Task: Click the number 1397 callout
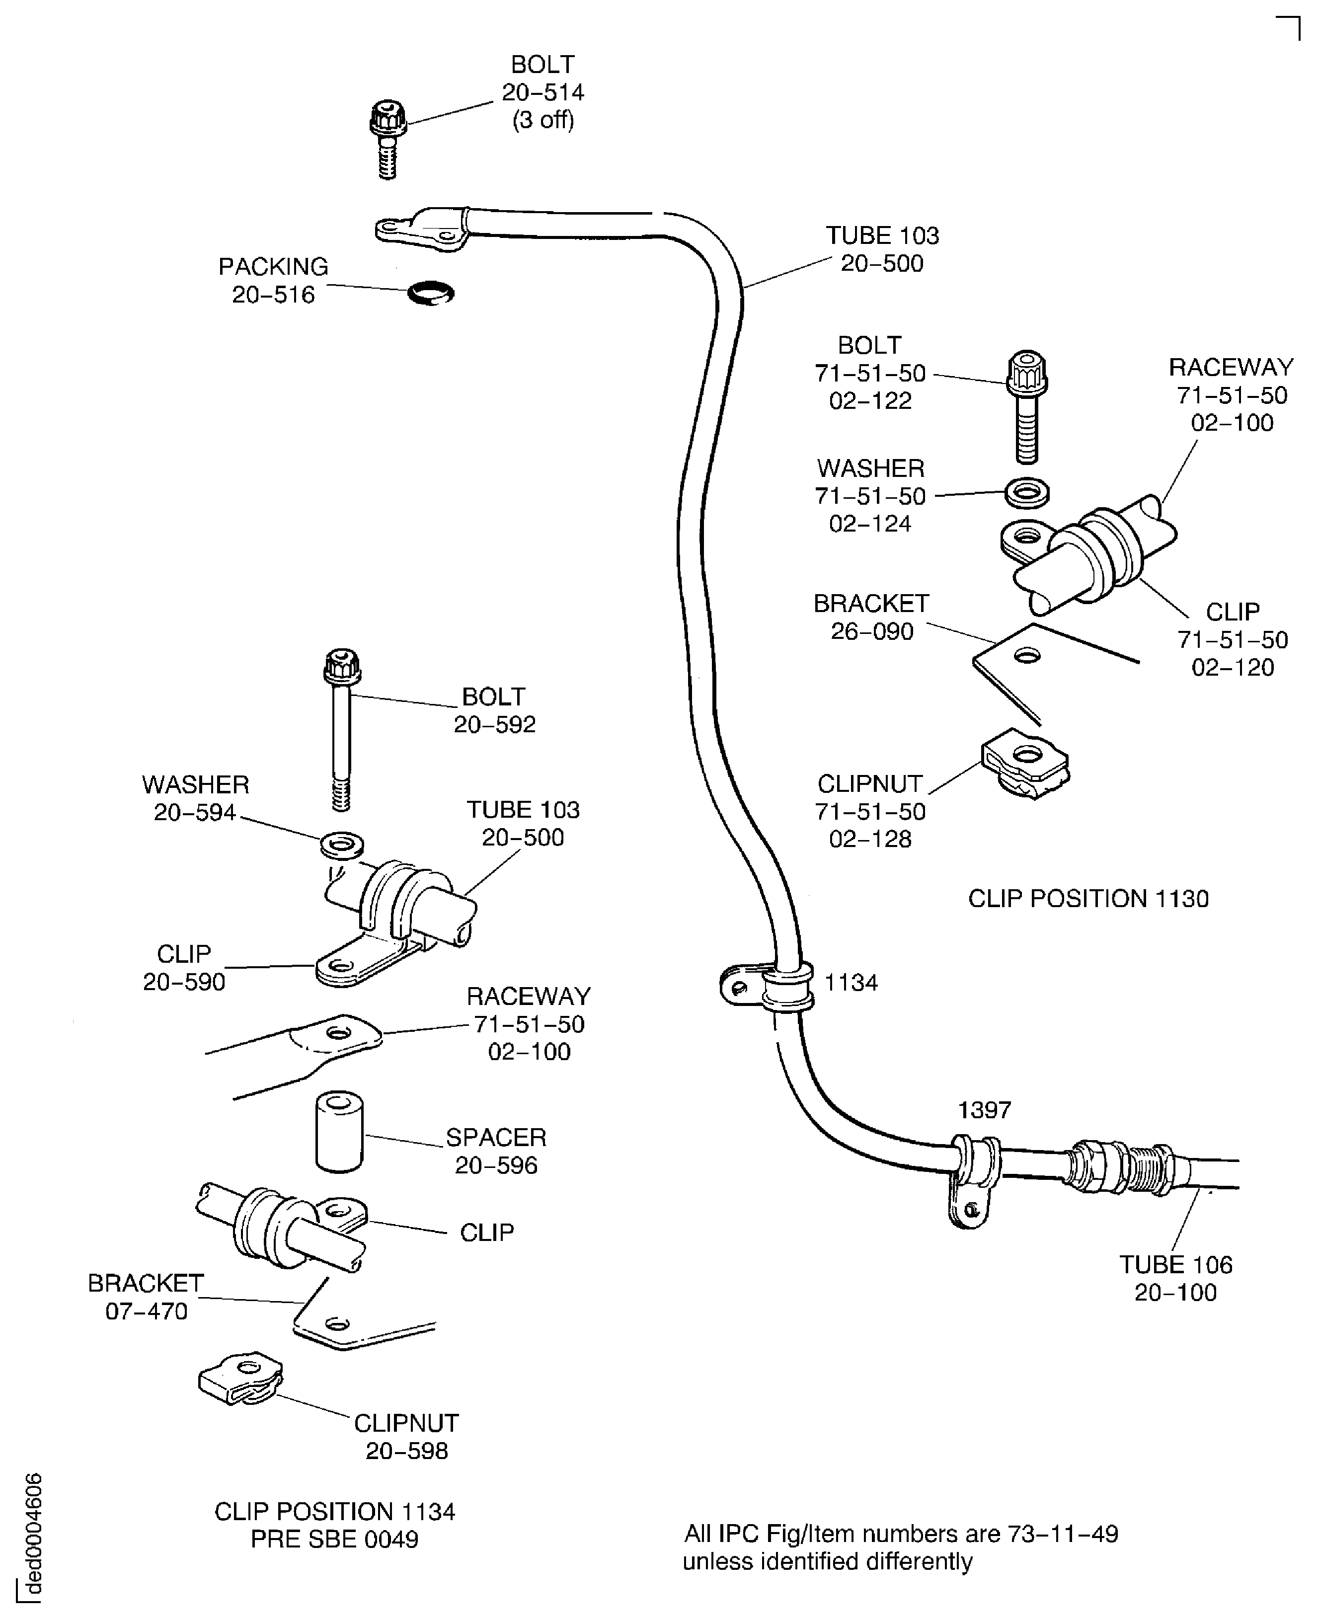tap(984, 1110)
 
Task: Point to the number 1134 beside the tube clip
tap(851, 983)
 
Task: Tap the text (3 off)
tap(543, 120)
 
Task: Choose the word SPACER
tap(495, 1137)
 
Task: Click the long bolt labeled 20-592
tap(341, 728)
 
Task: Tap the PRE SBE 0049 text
tap(334, 1540)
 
